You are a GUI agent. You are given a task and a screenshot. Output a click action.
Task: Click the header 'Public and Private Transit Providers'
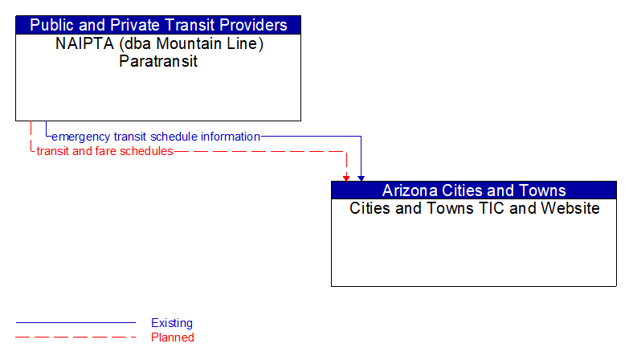coord(158,25)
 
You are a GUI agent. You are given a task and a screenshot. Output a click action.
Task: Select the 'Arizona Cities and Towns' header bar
coord(474,190)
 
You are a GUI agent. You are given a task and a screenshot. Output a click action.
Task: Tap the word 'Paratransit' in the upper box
coord(158,61)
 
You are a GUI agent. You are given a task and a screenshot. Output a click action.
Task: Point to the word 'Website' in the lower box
coord(570,208)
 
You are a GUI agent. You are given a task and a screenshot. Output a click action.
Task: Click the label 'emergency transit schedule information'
coord(156,137)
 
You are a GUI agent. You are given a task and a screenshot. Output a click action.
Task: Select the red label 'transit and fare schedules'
coord(104,151)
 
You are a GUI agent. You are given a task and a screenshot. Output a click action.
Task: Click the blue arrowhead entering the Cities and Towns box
coord(361,177)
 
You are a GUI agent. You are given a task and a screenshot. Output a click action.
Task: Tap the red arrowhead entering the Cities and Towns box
coord(346,177)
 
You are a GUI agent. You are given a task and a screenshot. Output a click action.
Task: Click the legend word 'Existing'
coord(172,323)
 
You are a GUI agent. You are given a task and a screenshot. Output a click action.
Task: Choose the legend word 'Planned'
coord(173,337)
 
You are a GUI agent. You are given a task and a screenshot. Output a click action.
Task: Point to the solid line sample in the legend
coord(76,323)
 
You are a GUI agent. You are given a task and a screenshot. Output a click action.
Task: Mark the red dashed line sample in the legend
coord(76,337)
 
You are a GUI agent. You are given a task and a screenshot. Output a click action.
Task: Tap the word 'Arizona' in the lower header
coord(411,190)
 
